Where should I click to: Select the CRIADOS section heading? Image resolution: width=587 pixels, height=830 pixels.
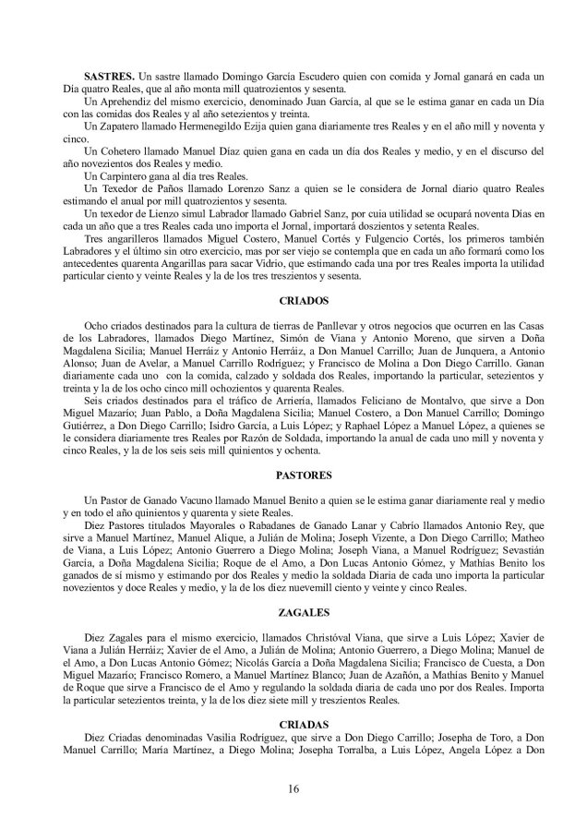304,300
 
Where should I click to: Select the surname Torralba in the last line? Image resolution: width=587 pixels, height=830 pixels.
341,757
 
